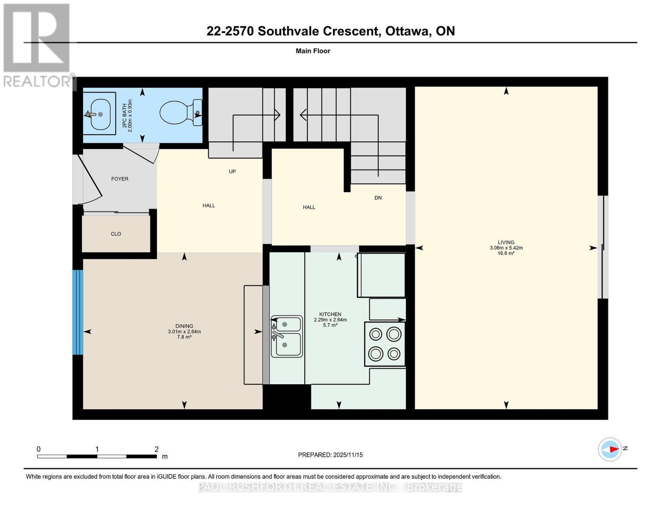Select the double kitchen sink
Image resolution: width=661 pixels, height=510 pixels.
tap(286, 336)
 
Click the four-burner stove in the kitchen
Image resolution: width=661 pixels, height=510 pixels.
tap(384, 344)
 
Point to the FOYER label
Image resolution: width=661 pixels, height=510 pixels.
tap(120, 179)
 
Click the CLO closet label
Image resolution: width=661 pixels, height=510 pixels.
tap(116, 234)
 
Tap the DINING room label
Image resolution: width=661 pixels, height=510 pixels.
tap(184, 326)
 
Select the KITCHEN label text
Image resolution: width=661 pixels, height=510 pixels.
tap(330, 314)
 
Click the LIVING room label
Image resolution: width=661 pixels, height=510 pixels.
tap(506, 242)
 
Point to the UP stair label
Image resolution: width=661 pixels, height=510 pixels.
tap(232, 172)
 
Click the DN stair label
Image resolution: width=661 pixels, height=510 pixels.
tap(378, 198)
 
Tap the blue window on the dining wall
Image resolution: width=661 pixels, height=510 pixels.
tap(77, 312)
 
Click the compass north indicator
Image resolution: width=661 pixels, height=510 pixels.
tap(610, 449)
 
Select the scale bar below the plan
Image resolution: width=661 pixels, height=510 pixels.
tap(97, 456)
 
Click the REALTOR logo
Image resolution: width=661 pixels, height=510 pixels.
tap(37, 45)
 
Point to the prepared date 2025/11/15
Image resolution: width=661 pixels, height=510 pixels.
tap(330, 455)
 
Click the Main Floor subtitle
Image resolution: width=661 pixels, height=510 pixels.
tap(313, 51)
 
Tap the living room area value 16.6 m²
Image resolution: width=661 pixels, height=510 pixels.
tap(506, 253)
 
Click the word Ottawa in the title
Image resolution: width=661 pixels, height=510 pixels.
tap(407, 31)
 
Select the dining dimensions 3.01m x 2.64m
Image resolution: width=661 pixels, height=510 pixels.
tap(184, 331)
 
